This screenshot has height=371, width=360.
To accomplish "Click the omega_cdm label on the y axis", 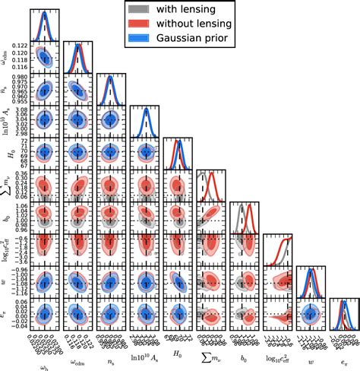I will (7, 55).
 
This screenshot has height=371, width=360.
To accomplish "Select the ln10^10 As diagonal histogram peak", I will (145, 113).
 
